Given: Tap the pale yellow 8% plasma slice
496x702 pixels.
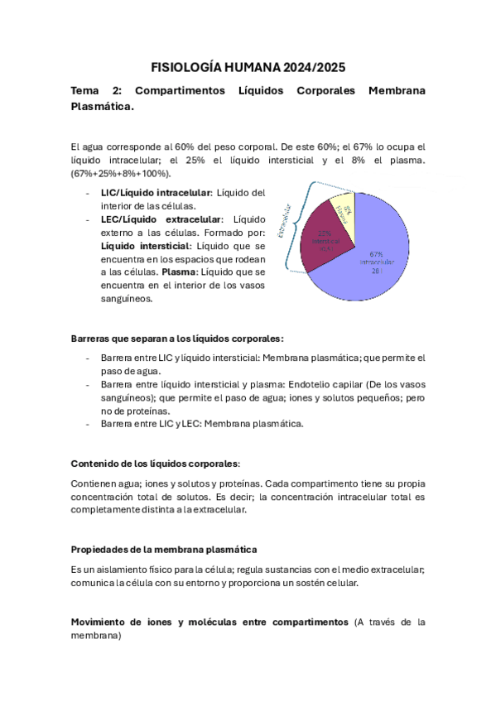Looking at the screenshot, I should pyautogui.click(x=344, y=212).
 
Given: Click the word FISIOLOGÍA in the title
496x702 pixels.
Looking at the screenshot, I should pyautogui.click(x=188, y=67).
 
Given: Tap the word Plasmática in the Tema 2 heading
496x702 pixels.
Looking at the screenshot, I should pyautogui.click(x=101, y=107).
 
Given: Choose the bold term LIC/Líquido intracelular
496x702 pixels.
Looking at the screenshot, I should pyautogui.click(x=156, y=192).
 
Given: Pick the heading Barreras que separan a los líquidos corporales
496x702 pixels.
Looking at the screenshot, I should pyautogui.click(x=177, y=339).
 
